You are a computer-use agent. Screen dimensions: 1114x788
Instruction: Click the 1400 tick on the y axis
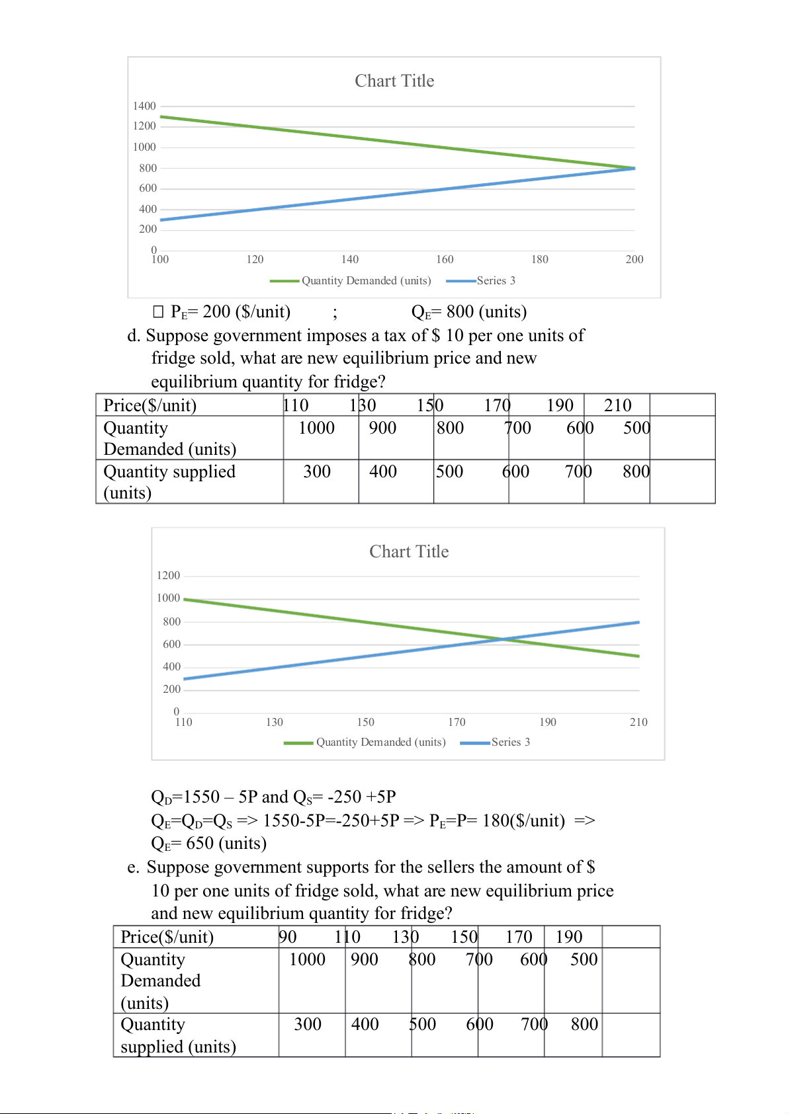click(144, 106)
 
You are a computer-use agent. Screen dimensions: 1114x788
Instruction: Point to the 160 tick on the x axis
click(445, 259)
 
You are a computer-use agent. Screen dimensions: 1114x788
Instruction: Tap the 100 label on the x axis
click(160, 259)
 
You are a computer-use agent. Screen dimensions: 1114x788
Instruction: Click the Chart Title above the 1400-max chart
click(394, 81)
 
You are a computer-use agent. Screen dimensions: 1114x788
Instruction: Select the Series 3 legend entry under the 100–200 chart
click(496, 280)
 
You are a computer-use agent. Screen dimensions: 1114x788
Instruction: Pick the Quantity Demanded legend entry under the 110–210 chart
click(380, 742)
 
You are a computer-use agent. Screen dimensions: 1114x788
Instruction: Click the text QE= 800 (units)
click(468, 311)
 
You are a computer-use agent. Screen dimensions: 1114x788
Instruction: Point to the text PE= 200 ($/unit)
click(230, 311)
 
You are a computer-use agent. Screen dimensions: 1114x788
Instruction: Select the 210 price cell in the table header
click(617, 405)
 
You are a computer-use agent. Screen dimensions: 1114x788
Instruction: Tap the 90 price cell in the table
click(288, 937)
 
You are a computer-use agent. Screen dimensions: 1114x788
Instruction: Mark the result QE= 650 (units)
click(208, 843)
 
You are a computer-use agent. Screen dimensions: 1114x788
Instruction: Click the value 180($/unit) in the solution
click(523, 820)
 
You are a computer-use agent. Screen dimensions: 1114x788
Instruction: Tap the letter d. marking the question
click(134, 335)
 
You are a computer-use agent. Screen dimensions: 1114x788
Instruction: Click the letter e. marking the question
click(133, 867)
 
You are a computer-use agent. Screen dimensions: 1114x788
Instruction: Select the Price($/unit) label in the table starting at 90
click(167, 937)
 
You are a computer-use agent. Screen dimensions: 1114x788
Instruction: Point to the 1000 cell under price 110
click(316, 428)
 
